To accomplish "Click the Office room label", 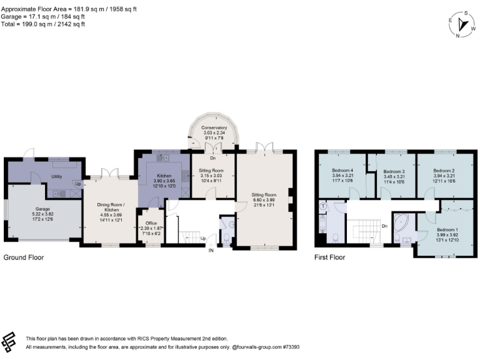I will [151, 223].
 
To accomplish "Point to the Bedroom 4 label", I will [343, 171].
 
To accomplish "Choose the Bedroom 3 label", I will [394, 171].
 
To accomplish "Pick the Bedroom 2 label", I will [444, 171].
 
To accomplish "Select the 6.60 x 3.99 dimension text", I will [262, 199].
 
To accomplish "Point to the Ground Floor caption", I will [24, 257].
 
